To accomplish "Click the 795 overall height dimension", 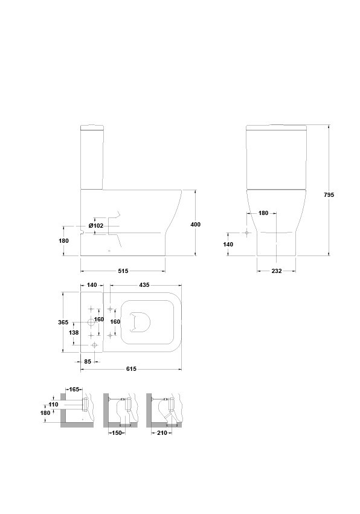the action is [329, 194].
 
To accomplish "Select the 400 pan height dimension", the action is [196, 225].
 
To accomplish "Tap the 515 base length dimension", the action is [123, 271].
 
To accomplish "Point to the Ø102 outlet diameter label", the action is [96, 225].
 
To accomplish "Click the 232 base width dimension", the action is [277, 271].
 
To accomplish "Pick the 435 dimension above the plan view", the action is [144, 285].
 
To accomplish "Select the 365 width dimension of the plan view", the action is [63, 323].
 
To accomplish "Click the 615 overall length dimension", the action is [131, 369].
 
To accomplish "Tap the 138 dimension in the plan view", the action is [74, 332].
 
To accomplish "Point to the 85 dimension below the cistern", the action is [88, 362].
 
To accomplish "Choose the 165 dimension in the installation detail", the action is [74, 390].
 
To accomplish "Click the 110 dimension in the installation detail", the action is [53, 405].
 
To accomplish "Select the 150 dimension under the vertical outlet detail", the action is [117, 432].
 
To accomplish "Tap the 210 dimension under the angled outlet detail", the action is [162, 432].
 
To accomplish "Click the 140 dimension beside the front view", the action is [228, 244].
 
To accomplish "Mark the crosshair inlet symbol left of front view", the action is [246, 233].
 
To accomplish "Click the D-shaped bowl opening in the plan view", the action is [140, 322].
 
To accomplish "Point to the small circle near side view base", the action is [109, 251].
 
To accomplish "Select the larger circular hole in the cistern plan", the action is [91, 323].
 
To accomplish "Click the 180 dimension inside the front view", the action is [263, 213].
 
